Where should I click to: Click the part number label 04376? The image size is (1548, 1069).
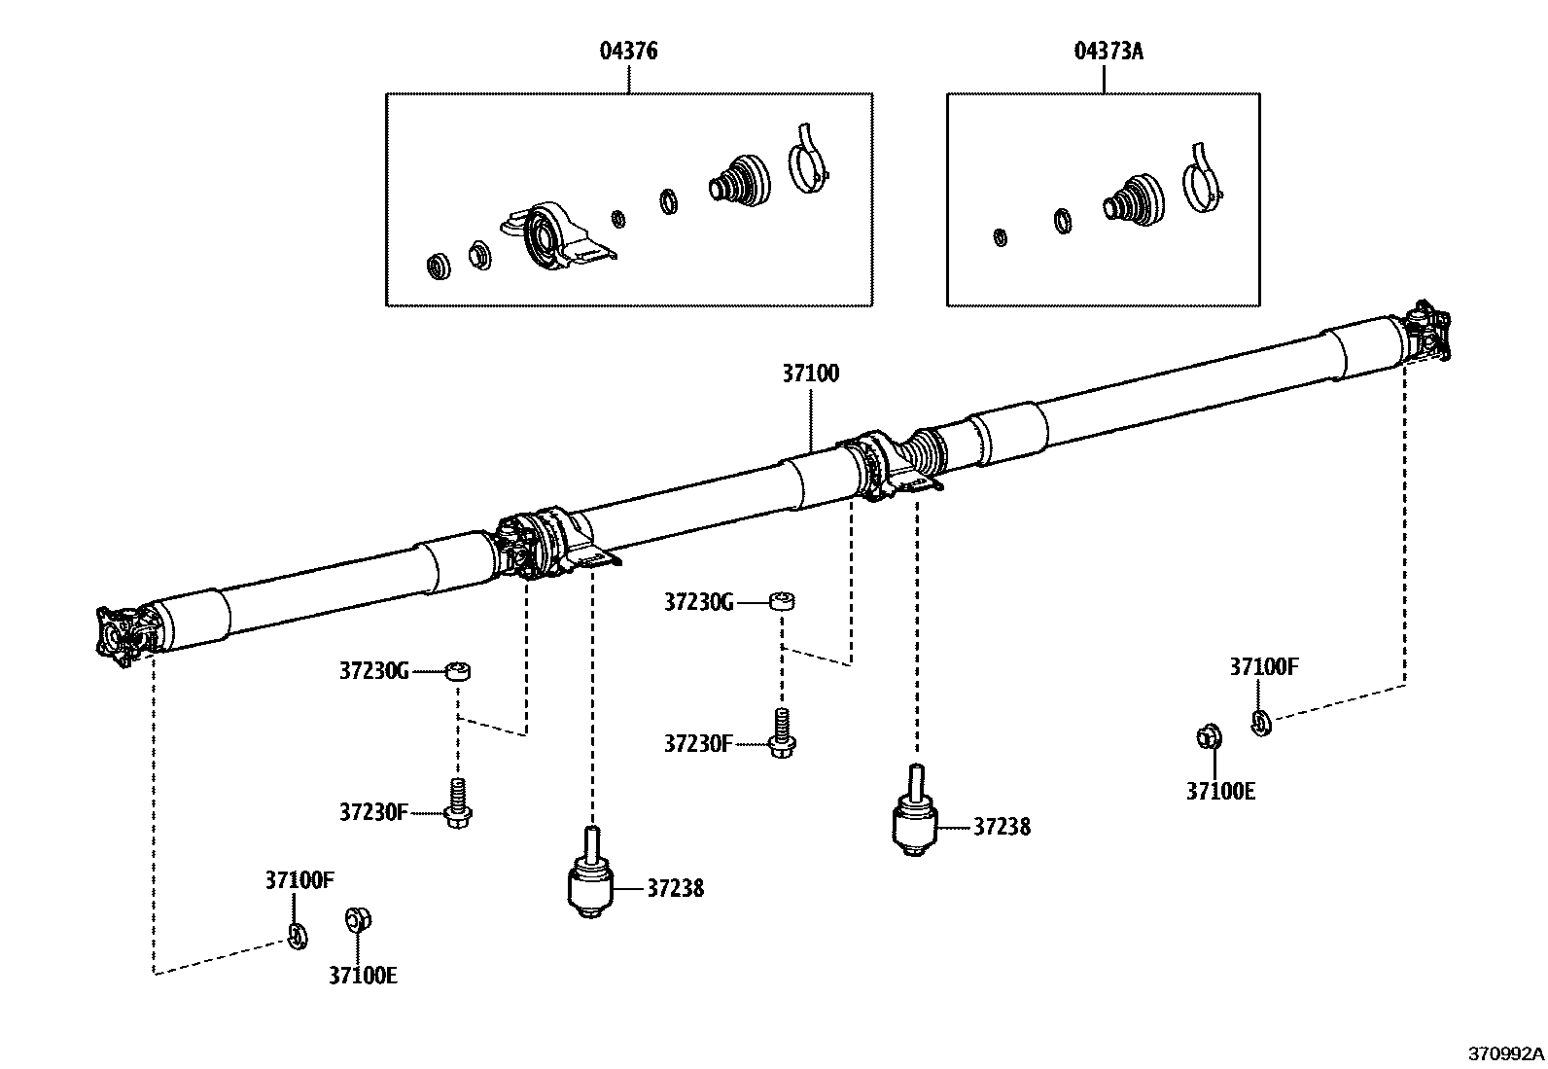point(628,51)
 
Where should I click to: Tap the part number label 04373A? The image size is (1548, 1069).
point(1108,51)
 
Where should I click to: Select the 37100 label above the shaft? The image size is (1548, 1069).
point(810,374)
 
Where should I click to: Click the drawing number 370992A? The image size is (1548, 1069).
point(1506,1053)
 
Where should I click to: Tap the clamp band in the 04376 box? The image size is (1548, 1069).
point(806,161)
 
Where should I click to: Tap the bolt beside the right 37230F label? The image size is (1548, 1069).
point(781,734)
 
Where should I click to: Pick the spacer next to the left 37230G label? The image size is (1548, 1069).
point(458,670)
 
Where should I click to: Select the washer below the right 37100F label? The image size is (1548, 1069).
point(1259,722)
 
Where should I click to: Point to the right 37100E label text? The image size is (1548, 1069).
point(1220,791)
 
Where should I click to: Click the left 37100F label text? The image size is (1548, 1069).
point(299,881)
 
